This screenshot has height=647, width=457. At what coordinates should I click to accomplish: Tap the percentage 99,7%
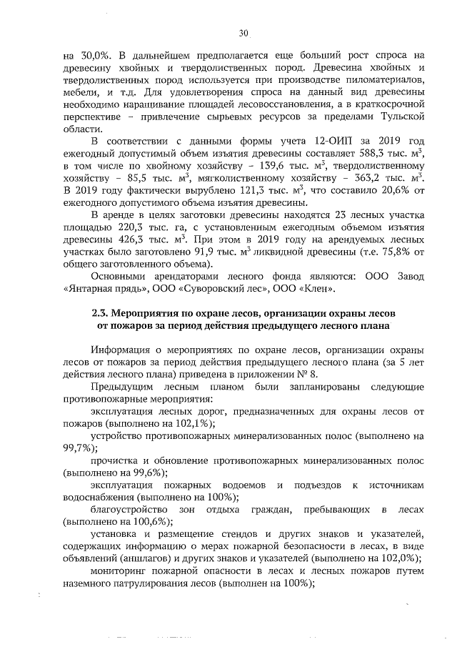click(x=79, y=448)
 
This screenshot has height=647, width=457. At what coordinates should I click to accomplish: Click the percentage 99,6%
click(x=151, y=473)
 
